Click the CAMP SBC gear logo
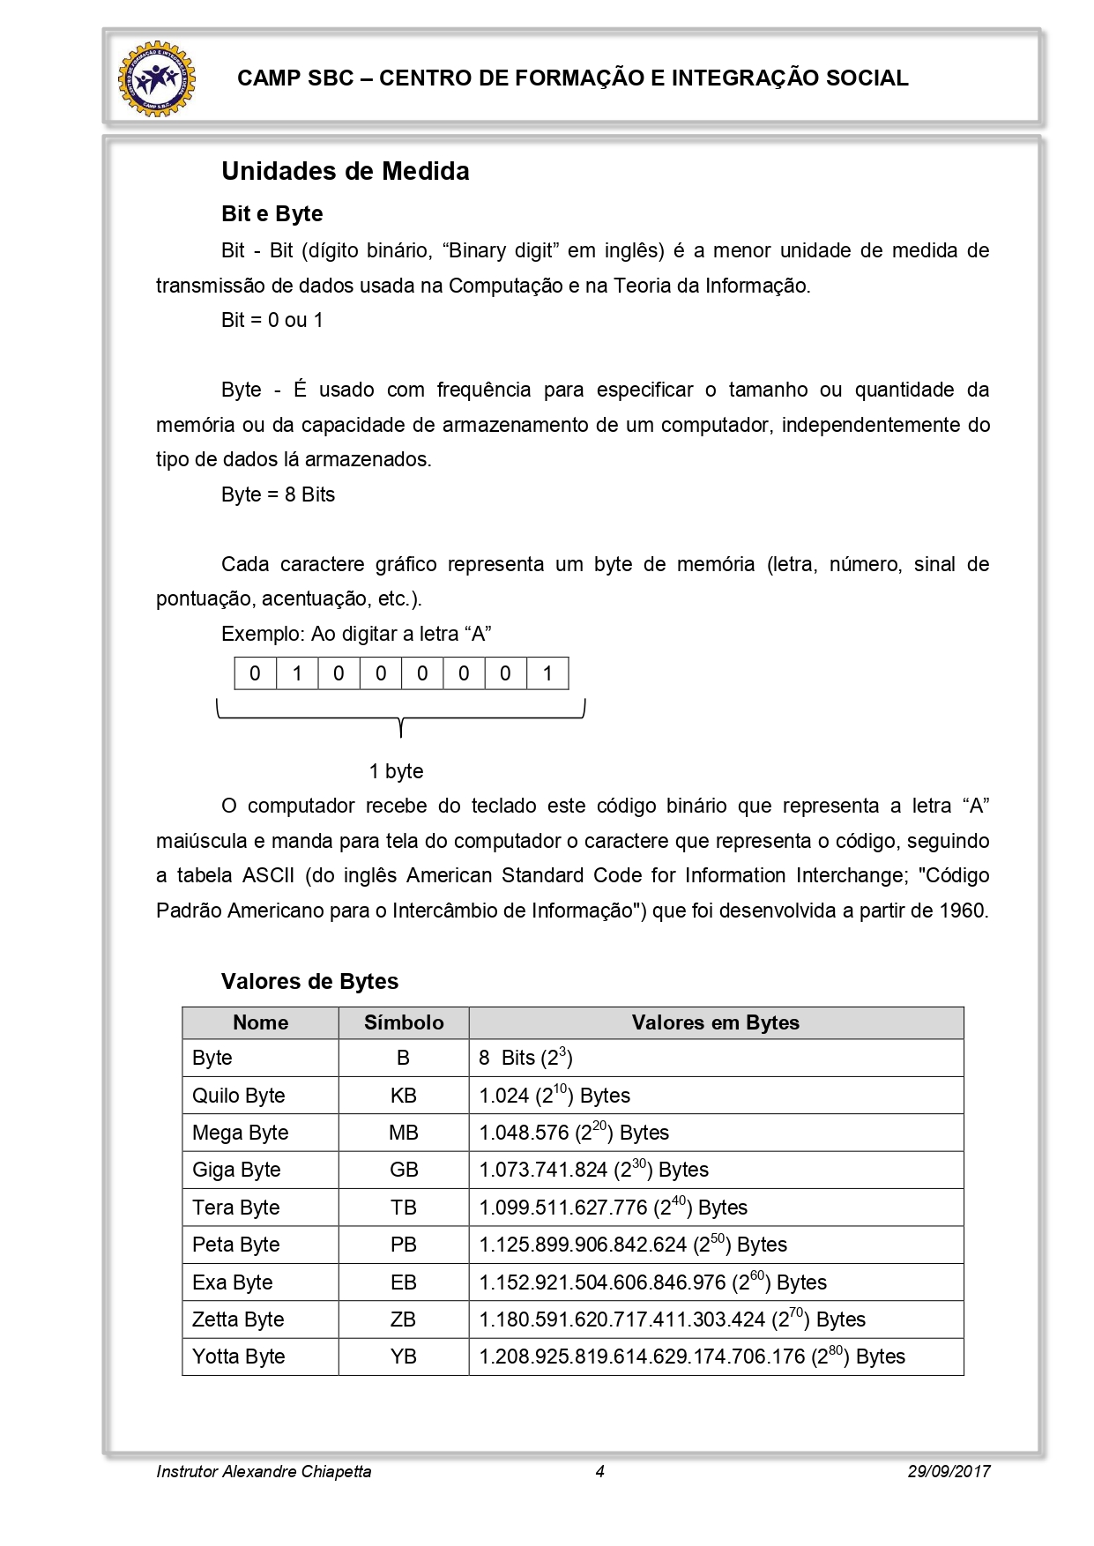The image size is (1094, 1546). [157, 78]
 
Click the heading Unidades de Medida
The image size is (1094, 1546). [345, 171]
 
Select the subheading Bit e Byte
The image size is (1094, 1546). [272, 214]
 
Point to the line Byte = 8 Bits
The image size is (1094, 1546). [278, 494]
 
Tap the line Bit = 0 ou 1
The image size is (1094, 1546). [272, 320]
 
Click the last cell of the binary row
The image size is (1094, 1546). [547, 674]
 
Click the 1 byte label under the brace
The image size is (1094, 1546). [396, 771]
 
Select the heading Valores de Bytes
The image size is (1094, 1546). [309, 982]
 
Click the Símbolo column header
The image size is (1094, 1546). [404, 1022]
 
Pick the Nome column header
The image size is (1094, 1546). [260, 1022]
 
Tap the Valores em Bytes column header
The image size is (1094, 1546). [715, 1022]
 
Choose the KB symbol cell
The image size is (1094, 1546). [404, 1096]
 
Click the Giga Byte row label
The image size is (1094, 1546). [236, 1170]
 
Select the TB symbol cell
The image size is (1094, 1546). [404, 1208]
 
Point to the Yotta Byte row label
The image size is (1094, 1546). [238, 1356]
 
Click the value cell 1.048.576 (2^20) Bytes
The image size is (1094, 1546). [574, 1133]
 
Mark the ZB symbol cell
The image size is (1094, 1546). [404, 1319]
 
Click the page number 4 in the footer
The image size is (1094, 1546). [599, 1471]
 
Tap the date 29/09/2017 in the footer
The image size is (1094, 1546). [949, 1471]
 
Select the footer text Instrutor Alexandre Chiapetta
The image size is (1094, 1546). [264, 1471]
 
